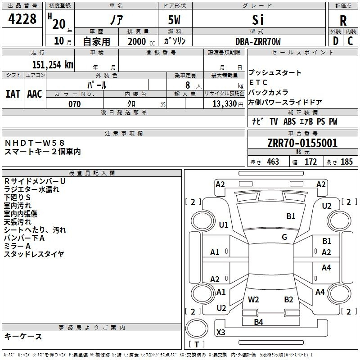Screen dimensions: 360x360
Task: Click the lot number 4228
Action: pyautogui.click(x=22, y=20)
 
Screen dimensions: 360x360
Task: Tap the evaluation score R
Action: pyautogui.click(x=343, y=21)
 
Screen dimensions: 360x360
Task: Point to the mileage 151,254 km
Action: pyautogui.click(x=53, y=64)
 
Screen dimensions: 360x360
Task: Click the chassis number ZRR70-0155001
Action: pyautogui.click(x=302, y=144)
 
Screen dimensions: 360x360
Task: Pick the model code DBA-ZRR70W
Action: pyautogui.click(x=258, y=42)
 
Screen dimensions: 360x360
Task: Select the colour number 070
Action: pyautogui.click(x=75, y=104)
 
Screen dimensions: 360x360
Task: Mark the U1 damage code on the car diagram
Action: pyautogui.click(x=224, y=225)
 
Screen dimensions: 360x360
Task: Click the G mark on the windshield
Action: pyautogui.click(x=284, y=237)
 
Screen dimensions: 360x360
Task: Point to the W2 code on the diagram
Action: pyautogui.click(x=253, y=299)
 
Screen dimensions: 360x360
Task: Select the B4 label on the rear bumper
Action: pyautogui.click(x=258, y=322)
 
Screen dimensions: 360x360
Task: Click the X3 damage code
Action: pyautogui.click(x=221, y=333)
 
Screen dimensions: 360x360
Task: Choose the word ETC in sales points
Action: pyautogui.click(x=258, y=82)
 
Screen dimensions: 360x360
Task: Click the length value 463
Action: pyautogui.click(x=272, y=162)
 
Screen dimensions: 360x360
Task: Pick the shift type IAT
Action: pyautogui.click(x=13, y=94)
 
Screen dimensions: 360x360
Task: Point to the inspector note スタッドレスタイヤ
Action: pyautogui.click(x=34, y=254)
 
